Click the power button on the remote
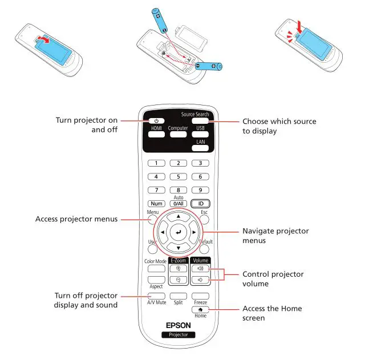(156, 121)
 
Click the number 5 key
(178, 176)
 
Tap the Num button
(156, 203)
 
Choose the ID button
(200, 203)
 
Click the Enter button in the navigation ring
(178, 233)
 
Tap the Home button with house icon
(200, 309)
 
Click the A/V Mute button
(156, 296)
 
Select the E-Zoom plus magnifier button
(178, 268)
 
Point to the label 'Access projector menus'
(76, 219)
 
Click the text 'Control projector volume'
(273, 279)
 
